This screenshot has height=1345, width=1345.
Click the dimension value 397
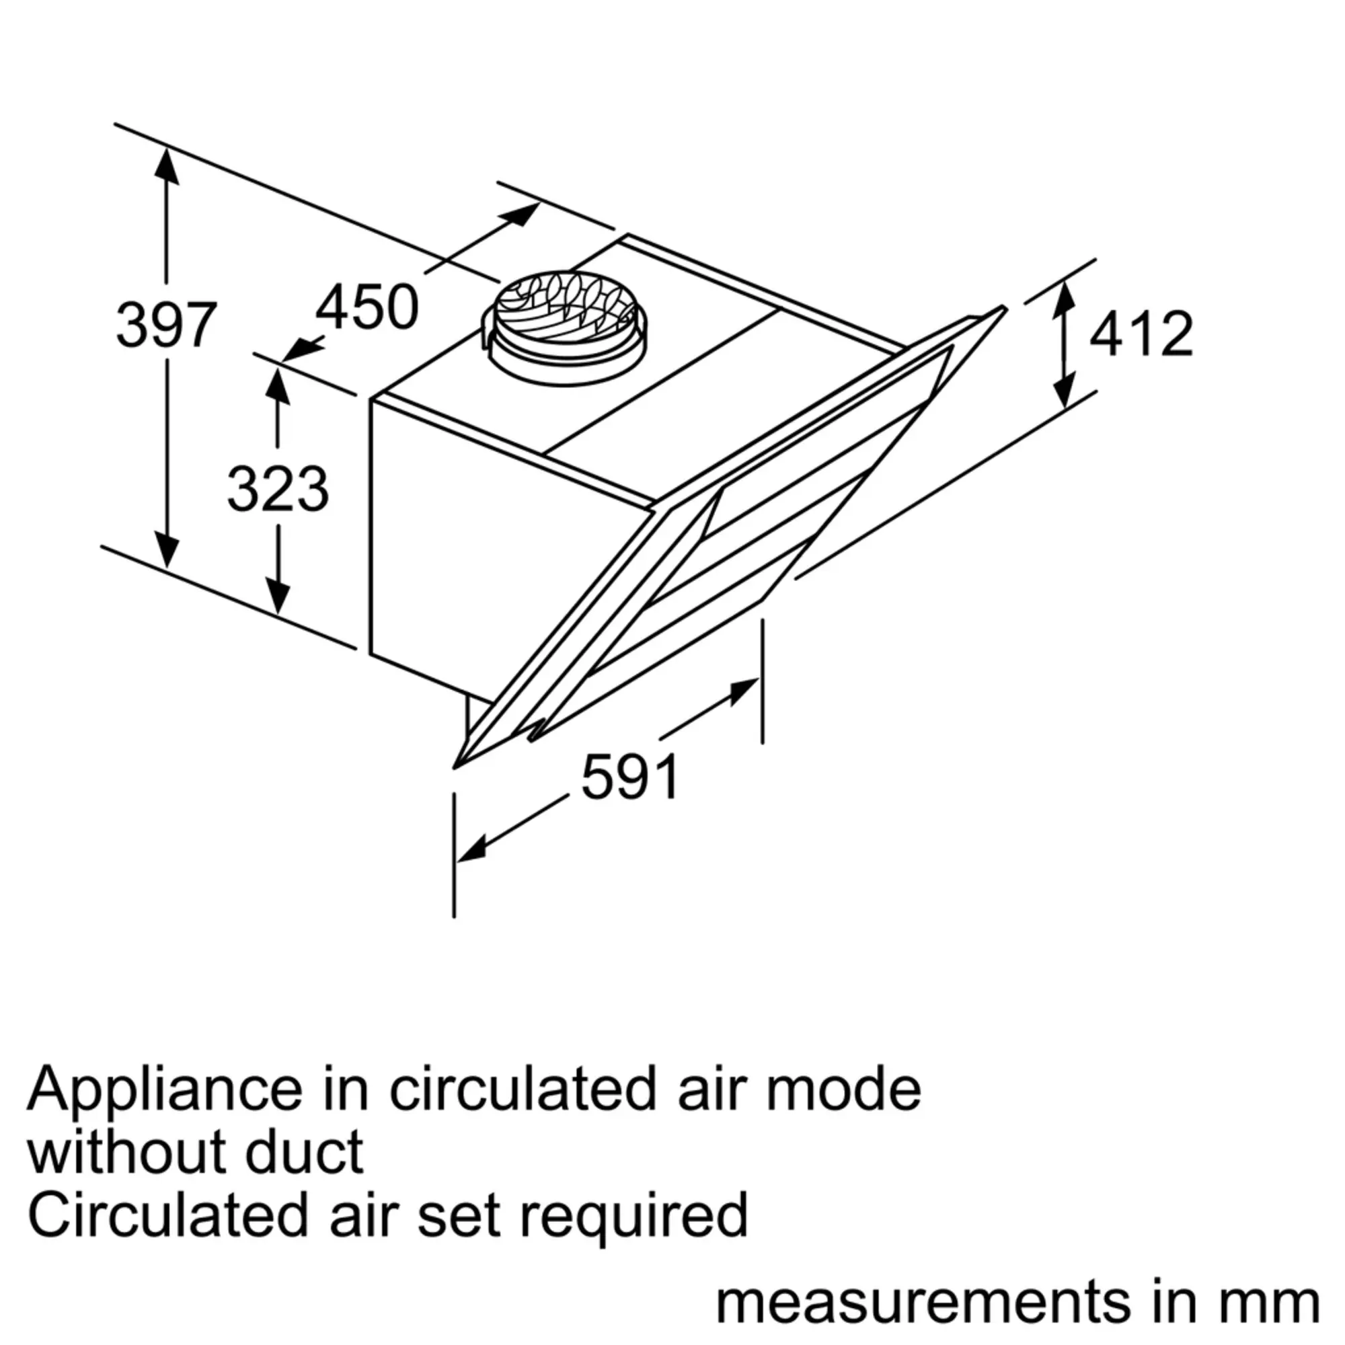[166, 325]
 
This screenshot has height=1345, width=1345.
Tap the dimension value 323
[278, 490]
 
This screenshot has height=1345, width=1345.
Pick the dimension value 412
[1141, 335]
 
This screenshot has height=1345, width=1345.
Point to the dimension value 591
[630, 777]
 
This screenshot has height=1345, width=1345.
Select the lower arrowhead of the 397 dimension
[166, 551]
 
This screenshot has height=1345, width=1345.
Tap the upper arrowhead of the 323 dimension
[278, 385]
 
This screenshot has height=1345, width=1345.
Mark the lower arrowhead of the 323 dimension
[278, 599]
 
